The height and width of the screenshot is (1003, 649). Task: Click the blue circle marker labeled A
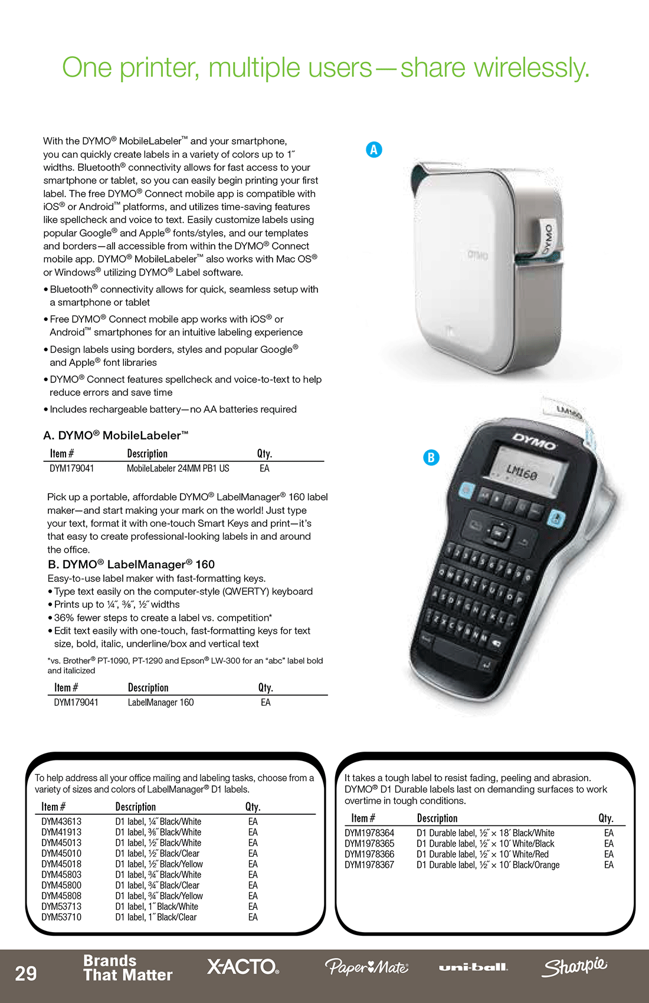click(x=373, y=150)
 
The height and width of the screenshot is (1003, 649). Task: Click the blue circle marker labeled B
click(x=431, y=457)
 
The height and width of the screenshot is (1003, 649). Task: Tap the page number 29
click(x=26, y=973)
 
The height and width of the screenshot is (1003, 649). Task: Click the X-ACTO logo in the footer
click(x=242, y=966)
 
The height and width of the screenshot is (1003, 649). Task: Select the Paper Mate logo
click(x=366, y=967)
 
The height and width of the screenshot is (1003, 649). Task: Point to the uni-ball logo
click(x=473, y=967)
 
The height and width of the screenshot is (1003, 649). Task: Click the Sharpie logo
click(x=574, y=966)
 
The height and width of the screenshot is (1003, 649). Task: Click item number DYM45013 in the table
click(x=61, y=843)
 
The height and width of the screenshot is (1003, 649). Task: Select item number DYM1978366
click(x=369, y=854)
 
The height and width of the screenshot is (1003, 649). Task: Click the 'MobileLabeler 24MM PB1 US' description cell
click(x=178, y=468)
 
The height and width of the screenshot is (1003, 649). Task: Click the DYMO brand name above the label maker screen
click(x=534, y=441)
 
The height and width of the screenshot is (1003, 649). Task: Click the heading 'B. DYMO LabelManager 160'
click(x=131, y=564)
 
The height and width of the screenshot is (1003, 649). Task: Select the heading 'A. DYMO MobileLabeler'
click(x=116, y=435)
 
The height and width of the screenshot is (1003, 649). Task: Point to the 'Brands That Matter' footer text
click(x=127, y=968)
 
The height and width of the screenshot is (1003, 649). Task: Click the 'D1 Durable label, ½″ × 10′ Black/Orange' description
click(x=488, y=865)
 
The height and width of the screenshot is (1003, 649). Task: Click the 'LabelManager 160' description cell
click(x=160, y=703)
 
